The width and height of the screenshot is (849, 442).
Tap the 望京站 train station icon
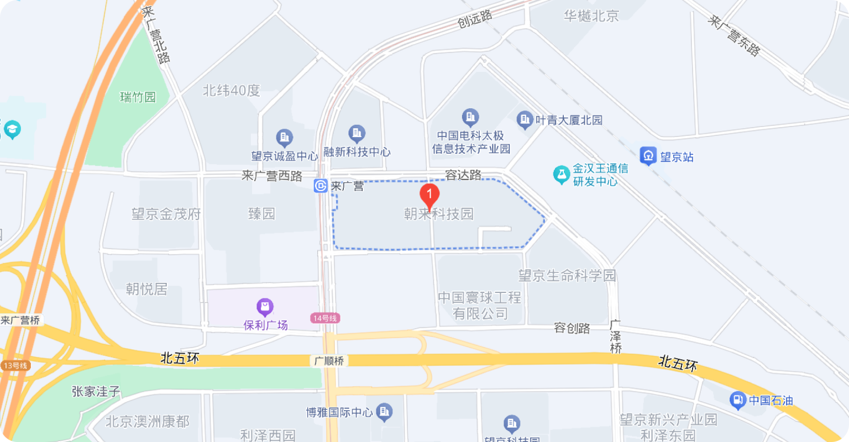[x=648, y=156]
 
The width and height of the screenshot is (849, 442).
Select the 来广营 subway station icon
[x=321, y=186]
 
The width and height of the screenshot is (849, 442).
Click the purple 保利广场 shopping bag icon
[x=265, y=307]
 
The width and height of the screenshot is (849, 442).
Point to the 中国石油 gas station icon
[x=737, y=399]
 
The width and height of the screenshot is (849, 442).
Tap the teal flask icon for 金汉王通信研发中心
[x=562, y=175]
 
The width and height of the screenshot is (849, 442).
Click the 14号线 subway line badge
[x=324, y=318]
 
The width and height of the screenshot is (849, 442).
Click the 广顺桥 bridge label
[x=329, y=361]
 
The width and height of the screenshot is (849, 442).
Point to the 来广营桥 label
[x=21, y=320]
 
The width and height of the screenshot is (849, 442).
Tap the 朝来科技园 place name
[x=439, y=214]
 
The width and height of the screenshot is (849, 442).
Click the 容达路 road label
[x=463, y=175]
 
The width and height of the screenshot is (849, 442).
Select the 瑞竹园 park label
[x=138, y=98]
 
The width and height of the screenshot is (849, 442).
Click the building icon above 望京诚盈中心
[x=284, y=137]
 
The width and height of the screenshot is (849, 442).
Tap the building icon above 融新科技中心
[x=357, y=133]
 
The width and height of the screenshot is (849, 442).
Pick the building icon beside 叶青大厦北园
[x=524, y=119]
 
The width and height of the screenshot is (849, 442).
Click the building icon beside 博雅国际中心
[x=384, y=411]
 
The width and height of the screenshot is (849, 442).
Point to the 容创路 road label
[x=572, y=328]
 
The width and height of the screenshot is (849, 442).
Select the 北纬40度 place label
[x=232, y=91]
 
